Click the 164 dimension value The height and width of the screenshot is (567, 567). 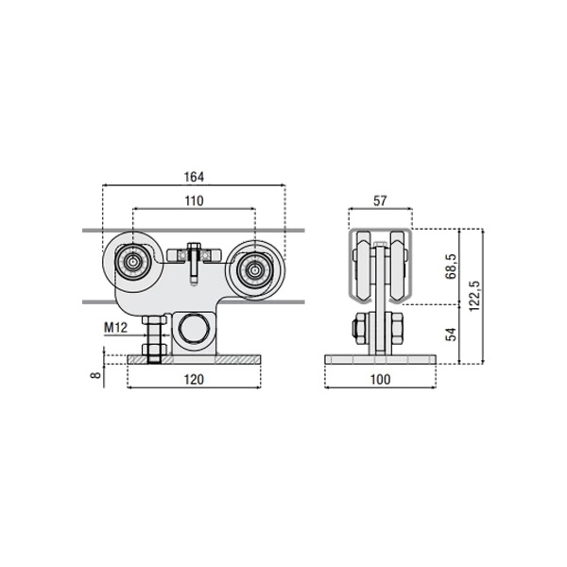tap(194, 177)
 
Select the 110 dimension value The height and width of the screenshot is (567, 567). tap(194, 200)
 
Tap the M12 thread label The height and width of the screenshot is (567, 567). tap(115, 328)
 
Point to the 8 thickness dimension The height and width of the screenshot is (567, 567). tap(95, 374)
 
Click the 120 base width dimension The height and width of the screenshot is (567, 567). tap(194, 379)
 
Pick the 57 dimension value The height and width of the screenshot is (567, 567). tap(380, 200)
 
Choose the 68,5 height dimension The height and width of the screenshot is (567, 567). tap(451, 266)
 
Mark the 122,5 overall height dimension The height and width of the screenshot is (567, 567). tap(474, 296)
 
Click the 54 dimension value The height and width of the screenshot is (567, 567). tap(451, 335)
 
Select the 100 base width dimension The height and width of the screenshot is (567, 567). tap(381, 379)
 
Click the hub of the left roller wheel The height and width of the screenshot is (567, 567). tap(133, 262)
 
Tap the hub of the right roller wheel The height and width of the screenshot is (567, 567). tap(255, 270)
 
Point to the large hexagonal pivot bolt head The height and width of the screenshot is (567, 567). tap(195, 328)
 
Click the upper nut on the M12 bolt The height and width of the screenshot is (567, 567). tap(154, 320)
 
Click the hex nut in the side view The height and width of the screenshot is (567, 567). tap(362, 328)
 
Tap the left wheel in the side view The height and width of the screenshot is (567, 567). tap(364, 266)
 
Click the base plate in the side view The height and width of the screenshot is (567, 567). tap(381, 359)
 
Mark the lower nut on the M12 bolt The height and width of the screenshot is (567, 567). tap(154, 349)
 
